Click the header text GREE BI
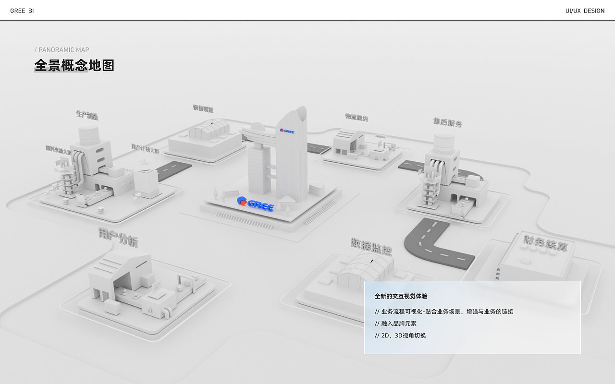point(22,11)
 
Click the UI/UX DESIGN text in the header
point(585,11)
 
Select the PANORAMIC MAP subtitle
point(62,50)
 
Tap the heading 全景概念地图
point(74,65)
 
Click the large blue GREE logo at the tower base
point(256,204)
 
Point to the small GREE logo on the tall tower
point(287,131)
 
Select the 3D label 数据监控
point(371,246)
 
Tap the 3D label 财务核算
point(545,243)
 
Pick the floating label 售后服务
point(447,122)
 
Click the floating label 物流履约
point(357,117)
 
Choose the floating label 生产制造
point(87,115)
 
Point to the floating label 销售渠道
point(203,109)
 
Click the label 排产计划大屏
point(145,149)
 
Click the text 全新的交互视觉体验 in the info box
point(401,296)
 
